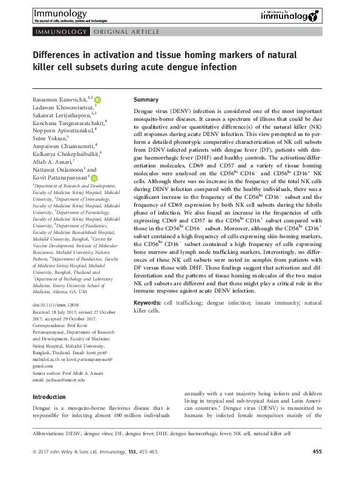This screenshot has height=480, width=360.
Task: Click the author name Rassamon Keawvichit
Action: tap(57, 98)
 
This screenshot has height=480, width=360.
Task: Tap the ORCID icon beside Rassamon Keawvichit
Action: tap(97, 98)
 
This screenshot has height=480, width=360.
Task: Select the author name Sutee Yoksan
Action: tap(51, 138)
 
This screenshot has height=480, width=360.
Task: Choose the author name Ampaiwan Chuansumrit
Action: tap(61, 146)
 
